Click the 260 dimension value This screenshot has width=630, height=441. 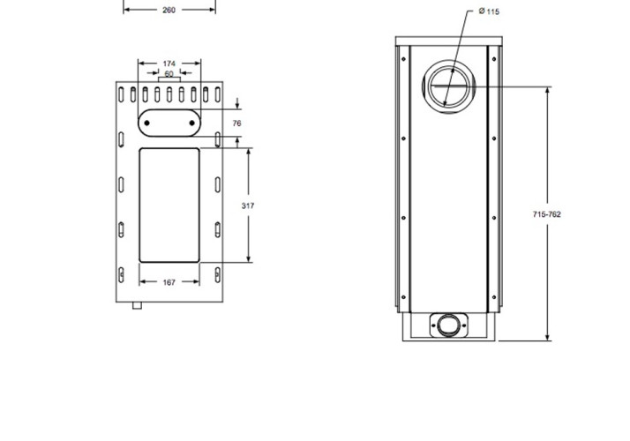[169, 10]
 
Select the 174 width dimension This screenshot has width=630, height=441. [169, 64]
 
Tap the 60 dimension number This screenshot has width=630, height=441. [169, 74]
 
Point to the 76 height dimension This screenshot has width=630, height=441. [237, 123]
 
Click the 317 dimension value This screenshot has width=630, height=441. [248, 206]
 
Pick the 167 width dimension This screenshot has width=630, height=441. [169, 282]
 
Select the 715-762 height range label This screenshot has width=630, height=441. [547, 214]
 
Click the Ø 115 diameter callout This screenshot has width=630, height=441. [489, 11]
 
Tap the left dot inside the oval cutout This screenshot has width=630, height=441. [147, 123]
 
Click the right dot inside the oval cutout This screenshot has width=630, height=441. [191, 123]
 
